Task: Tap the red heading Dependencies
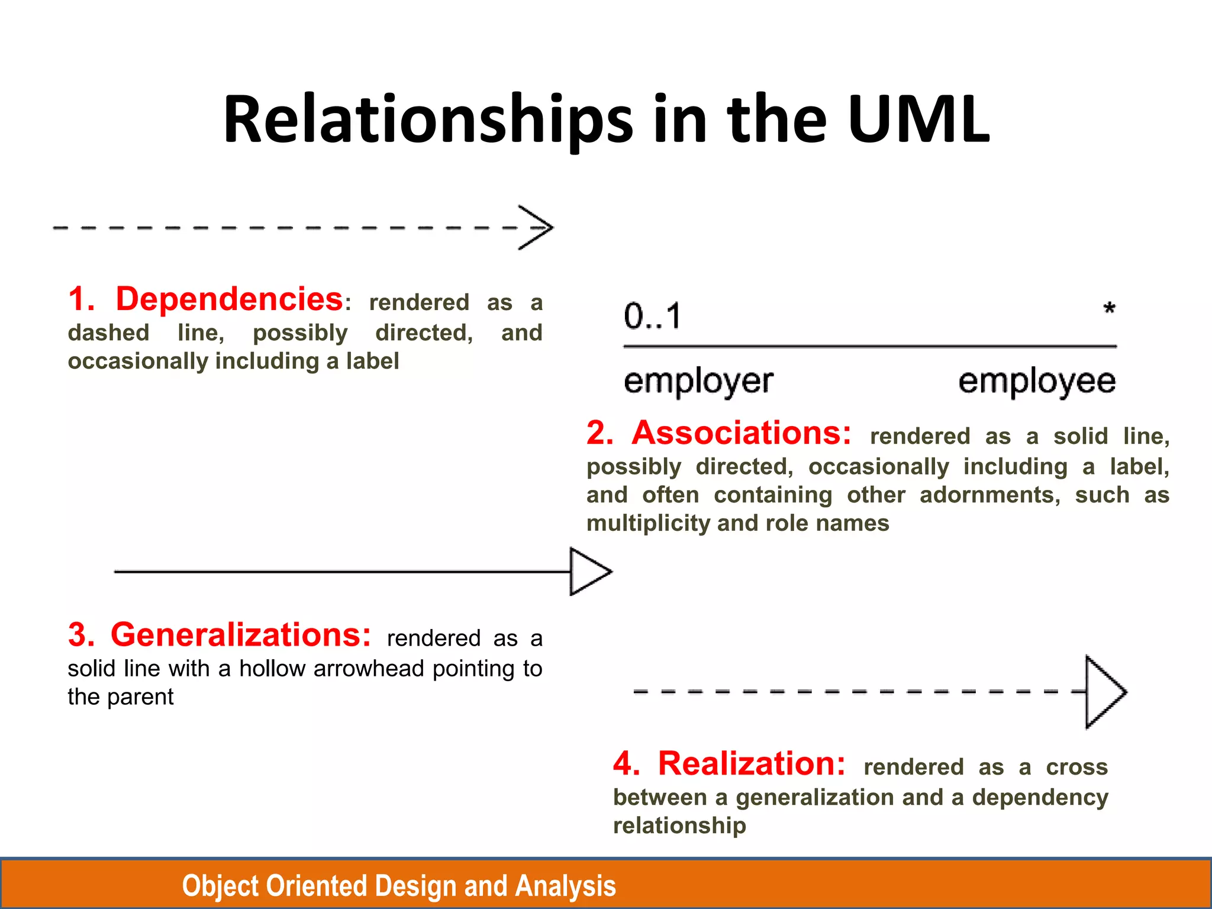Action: [229, 299]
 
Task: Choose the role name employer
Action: [698, 381]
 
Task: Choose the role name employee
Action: [1037, 381]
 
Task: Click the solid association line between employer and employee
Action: [870, 346]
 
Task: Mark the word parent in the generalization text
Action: [140, 697]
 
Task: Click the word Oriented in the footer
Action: [318, 886]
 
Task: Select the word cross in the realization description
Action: [1076, 767]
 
